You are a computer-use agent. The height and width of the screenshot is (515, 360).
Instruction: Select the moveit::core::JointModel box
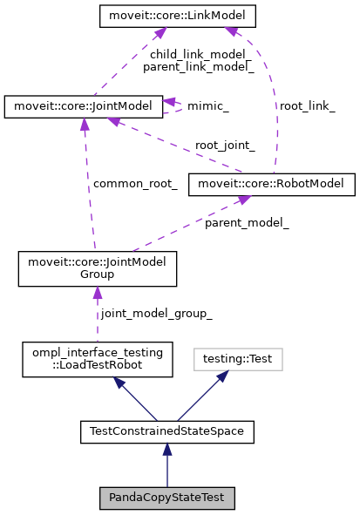click(x=84, y=106)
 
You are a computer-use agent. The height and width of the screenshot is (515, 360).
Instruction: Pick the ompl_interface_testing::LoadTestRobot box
click(x=97, y=359)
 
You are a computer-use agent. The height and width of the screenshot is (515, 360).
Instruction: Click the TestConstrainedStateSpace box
click(x=167, y=430)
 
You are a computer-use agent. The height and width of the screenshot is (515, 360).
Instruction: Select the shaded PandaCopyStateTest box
click(x=167, y=498)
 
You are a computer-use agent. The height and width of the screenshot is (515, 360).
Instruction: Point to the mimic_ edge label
click(x=208, y=105)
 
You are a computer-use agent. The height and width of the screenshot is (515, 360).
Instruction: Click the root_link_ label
click(x=306, y=105)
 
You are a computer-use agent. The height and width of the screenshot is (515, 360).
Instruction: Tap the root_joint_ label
click(x=225, y=145)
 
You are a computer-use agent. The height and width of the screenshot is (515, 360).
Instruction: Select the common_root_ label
click(x=135, y=184)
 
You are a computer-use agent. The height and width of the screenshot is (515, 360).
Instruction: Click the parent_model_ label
click(x=247, y=223)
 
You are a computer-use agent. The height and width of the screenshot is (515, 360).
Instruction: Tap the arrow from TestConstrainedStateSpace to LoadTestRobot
click(x=132, y=396)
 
